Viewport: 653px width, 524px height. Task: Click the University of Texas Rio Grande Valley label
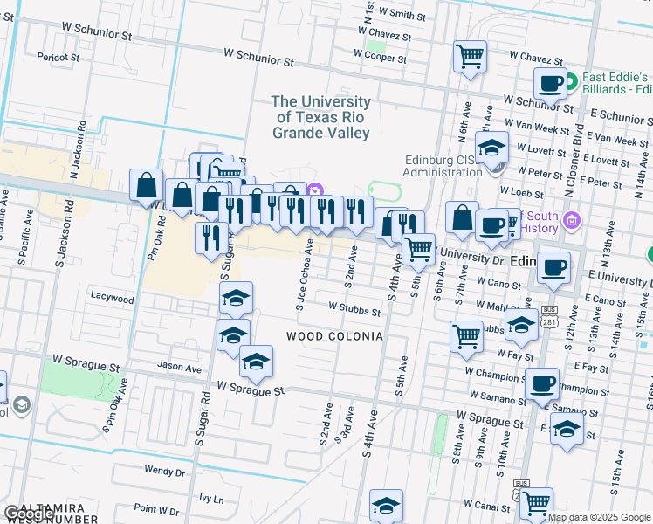(320, 117)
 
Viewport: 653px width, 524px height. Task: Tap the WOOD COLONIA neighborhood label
(334, 336)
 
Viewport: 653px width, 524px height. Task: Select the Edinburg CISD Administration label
(443, 166)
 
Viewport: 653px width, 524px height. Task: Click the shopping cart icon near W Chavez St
(470, 58)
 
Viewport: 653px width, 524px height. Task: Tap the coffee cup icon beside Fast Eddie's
(550, 85)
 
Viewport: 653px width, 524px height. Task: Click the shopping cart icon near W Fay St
(467, 336)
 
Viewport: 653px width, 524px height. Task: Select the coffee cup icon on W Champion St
(542, 383)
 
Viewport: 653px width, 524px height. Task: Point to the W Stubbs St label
(354, 309)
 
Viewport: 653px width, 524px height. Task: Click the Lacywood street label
(113, 298)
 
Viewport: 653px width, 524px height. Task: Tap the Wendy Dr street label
(165, 471)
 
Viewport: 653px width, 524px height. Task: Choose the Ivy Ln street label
(211, 500)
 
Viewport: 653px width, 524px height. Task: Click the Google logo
(29, 514)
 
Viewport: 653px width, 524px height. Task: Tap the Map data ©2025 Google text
(600, 517)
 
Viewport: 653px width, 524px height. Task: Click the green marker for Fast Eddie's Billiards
(571, 83)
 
